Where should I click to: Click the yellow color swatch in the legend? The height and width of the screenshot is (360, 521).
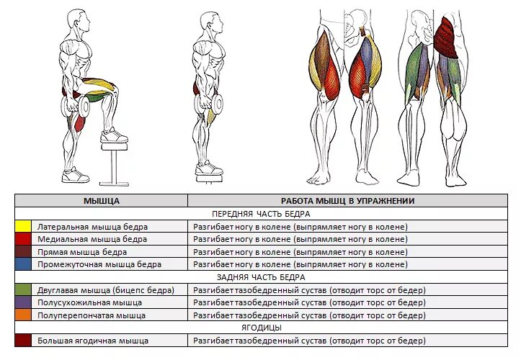coord(23,227)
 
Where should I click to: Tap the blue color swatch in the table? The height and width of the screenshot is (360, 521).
coord(23,264)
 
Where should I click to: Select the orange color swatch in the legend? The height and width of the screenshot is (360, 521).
coord(23,315)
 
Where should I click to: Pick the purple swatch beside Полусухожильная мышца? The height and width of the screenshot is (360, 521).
coord(23,302)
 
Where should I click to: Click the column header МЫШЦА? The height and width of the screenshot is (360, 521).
coord(101,201)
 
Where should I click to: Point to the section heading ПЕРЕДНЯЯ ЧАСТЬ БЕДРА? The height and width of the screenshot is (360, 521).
coord(261,214)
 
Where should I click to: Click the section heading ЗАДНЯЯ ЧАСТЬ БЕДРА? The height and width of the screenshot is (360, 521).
coord(261,277)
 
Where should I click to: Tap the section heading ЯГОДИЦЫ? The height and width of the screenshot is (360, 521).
coord(261,328)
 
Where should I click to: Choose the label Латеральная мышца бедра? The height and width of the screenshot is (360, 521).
coord(92,227)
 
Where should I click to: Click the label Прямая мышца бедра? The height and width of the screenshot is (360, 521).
coord(82,252)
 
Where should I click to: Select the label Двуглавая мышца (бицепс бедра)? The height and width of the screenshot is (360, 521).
coord(106,290)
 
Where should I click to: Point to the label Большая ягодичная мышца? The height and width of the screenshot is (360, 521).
coord(93,340)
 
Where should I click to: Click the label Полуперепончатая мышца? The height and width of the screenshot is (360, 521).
coord(92,315)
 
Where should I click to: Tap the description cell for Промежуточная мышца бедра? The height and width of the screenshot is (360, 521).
coord(300,264)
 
